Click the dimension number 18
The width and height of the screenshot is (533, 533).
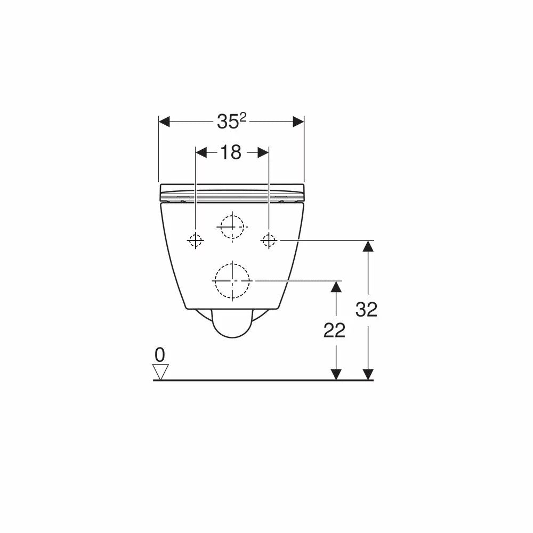[x=231, y=152]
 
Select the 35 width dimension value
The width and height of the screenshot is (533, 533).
[x=228, y=122]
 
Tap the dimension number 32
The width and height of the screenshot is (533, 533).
[x=367, y=309]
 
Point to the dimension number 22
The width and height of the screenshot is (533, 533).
[x=334, y=330]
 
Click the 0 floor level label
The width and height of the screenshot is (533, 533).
[x=159, y=355]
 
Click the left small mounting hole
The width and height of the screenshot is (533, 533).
[x=196, y=240]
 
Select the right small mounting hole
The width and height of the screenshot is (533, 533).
[x=269, y=240]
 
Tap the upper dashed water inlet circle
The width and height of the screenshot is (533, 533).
[x=232, y=215]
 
